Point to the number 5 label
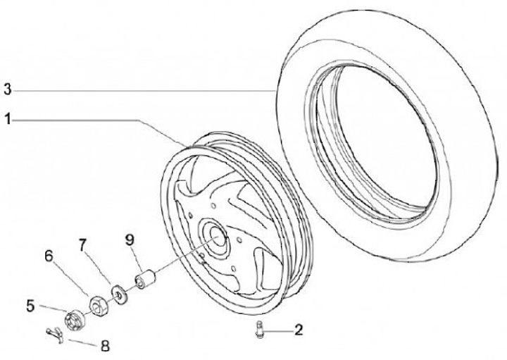(31, 306)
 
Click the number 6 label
(49, 256)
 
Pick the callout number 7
(82, 245)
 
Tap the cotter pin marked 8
(52, 334)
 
